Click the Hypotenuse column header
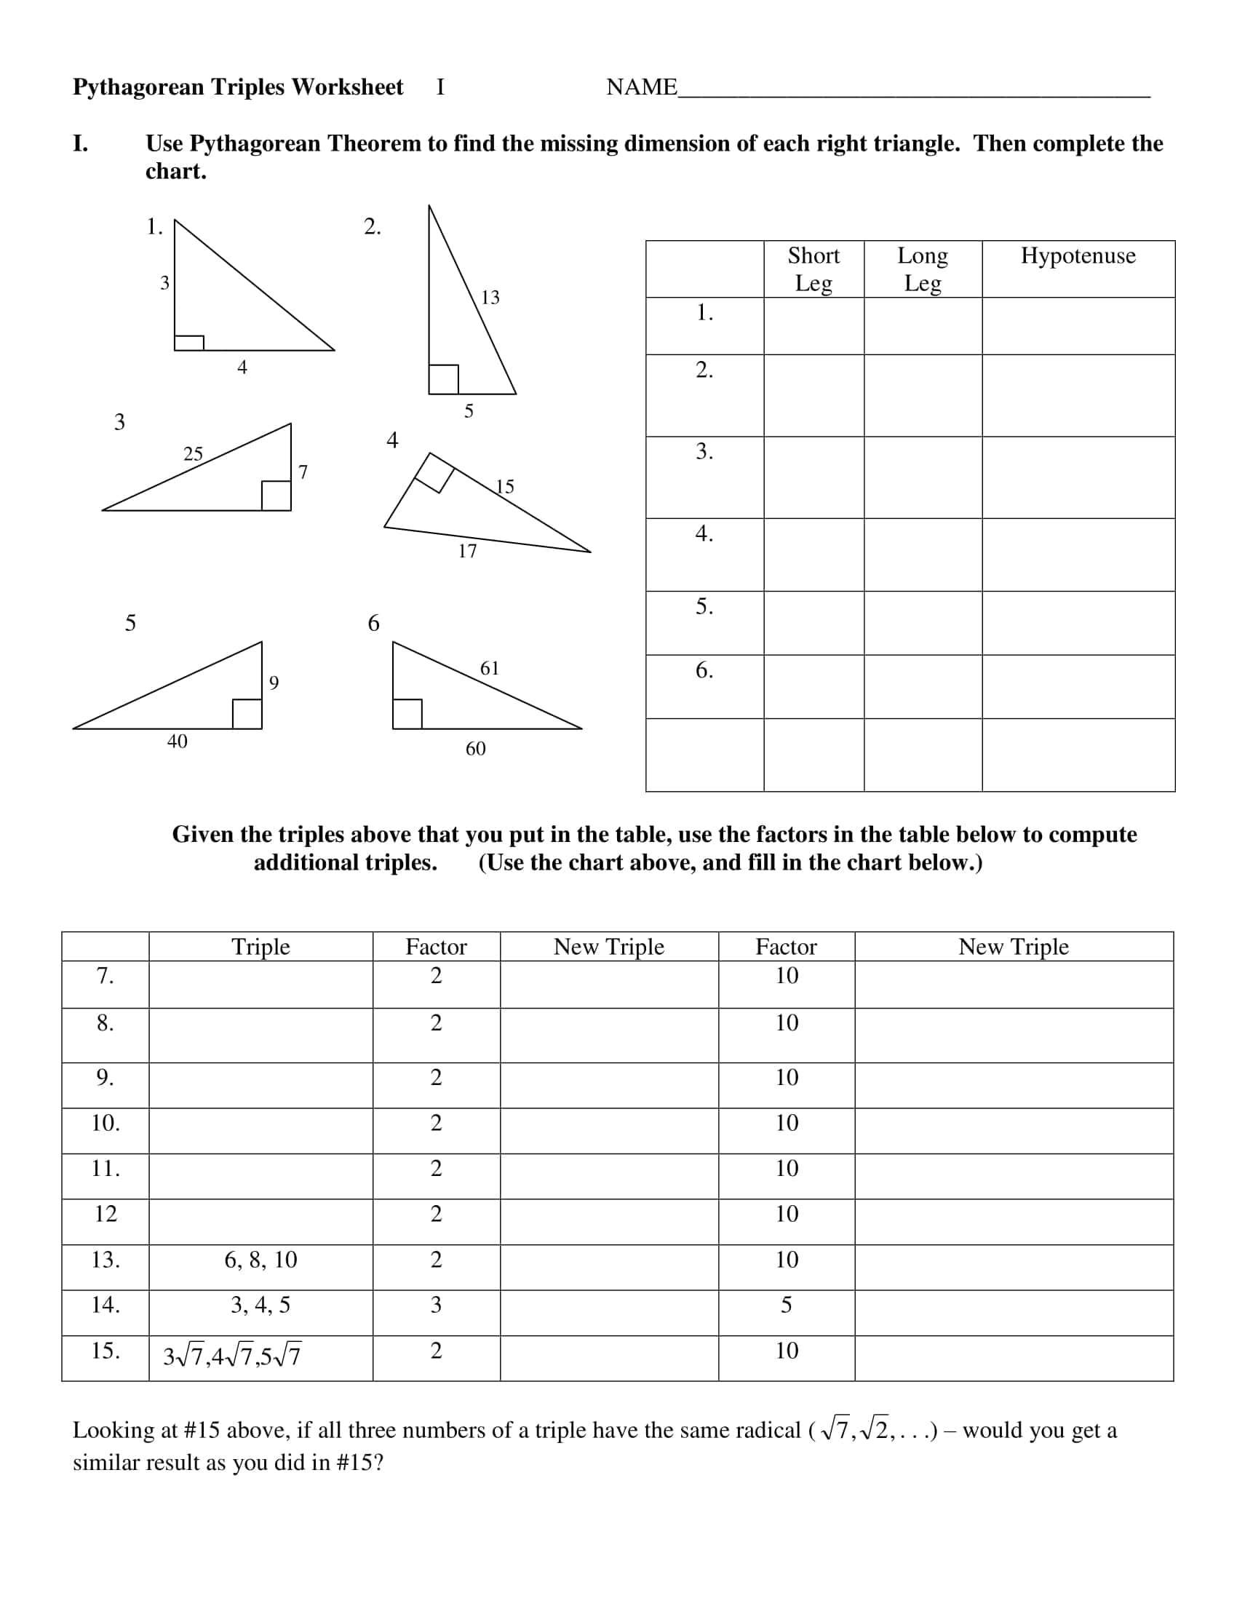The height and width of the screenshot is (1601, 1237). coord(1077,256)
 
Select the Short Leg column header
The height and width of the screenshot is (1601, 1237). coord(813,269)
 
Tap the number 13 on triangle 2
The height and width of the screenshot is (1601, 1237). coord(490,297)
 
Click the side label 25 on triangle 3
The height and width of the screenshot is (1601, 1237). coord(193,454)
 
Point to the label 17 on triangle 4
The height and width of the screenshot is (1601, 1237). coord(467,552)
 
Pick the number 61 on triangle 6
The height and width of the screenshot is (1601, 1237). coord(489,668)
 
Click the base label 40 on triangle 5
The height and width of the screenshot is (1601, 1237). coord(177,741)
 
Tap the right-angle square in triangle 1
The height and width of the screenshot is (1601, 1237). coord(189,342)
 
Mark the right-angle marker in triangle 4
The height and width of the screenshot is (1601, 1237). coord(434,473)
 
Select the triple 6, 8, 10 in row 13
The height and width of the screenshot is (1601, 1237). coord(260,1260)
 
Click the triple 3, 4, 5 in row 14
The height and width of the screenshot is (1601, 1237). coord(260,1305)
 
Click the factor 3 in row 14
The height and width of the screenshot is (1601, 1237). coord(436,1305)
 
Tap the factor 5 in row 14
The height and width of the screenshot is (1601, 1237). coord(786,1305)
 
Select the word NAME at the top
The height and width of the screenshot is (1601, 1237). coord(641,87)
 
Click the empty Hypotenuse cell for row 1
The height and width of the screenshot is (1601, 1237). coord(1077,325)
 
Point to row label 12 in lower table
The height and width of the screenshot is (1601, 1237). coord(106,1214)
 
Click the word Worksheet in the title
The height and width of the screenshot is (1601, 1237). coord(347,87)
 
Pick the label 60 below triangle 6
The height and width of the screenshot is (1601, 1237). coord(475,748)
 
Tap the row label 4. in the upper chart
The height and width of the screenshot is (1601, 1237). coord(704,533)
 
